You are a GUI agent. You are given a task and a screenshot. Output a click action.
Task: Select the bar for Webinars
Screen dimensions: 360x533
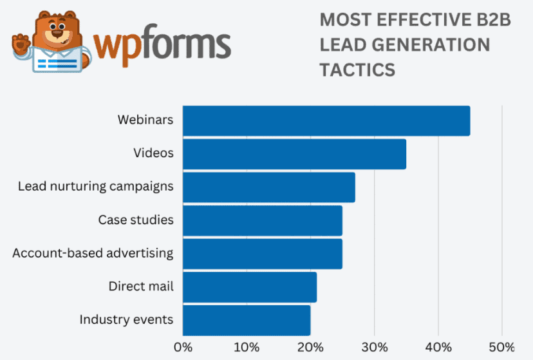(326, 120)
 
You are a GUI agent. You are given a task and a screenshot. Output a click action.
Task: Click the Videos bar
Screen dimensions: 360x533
(294, 154)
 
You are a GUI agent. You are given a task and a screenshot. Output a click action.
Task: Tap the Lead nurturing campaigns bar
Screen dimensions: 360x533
(269, 187)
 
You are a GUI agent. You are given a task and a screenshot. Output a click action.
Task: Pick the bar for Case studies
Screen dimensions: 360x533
(263, 220)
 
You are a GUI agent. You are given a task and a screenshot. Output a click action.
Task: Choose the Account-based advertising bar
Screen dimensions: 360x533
(263, 253)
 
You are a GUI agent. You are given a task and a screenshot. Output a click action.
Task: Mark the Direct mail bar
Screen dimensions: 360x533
(250, 287)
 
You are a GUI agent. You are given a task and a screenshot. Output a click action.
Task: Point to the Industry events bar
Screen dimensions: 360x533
(247, 320)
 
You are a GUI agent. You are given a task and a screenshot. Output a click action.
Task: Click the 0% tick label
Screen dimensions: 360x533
(183, 348)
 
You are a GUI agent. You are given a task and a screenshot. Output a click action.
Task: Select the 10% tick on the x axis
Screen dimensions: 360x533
(247, 348)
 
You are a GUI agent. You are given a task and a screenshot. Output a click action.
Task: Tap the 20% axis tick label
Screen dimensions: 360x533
(310, 348)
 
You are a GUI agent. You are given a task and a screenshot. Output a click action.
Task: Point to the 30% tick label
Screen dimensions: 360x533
(374, 348)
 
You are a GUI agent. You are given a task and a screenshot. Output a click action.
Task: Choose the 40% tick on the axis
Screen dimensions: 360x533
(438, 348)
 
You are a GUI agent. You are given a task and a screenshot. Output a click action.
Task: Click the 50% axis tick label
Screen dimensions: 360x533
(501, 348)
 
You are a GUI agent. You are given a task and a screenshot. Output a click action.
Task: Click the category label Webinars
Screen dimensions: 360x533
(145, 120)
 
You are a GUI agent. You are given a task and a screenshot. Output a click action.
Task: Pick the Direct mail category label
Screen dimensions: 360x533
(141, 287)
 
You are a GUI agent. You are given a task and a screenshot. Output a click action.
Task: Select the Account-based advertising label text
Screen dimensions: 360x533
(93, 253)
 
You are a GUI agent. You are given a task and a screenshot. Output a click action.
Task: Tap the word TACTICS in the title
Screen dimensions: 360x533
(357, 70)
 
